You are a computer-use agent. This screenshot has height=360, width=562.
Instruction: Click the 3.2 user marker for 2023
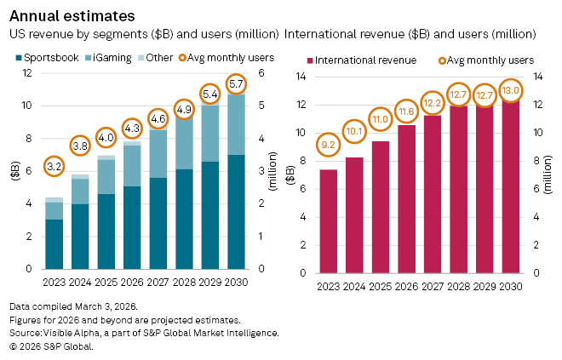(54, 167)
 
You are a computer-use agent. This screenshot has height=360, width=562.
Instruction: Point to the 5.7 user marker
(238, 84)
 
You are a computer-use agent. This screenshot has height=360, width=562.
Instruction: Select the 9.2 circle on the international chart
(329, 145)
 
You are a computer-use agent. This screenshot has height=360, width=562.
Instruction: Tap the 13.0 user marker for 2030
(511, 90)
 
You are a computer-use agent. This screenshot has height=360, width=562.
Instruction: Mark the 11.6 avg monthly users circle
(407, 110)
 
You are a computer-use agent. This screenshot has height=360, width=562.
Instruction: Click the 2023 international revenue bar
(329, 221)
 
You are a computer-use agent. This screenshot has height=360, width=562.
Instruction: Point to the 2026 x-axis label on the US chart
(133, 283)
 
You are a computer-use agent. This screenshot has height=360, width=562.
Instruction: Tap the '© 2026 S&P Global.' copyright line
(51, 347)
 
